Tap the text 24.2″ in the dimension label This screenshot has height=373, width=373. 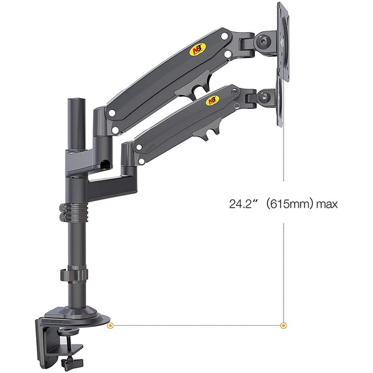(242, 203)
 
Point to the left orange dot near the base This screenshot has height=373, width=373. (111, 326)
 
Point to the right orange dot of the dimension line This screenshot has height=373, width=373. (283, 326)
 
